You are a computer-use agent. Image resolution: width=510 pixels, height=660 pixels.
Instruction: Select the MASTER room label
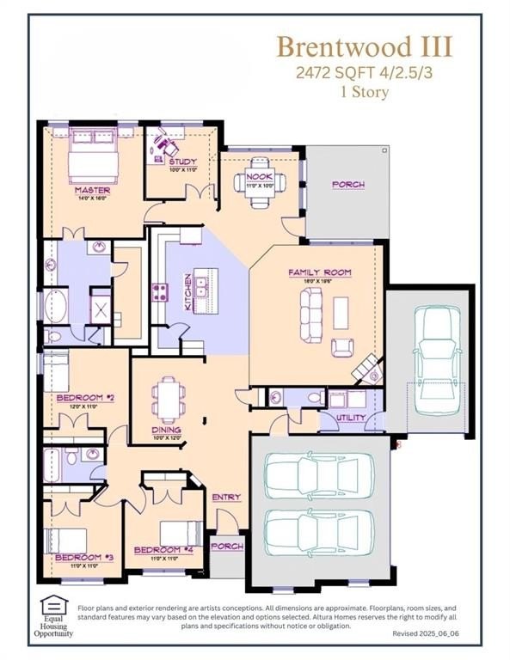tap(90, 190)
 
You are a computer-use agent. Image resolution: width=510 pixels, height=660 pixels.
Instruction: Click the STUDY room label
tap(181, 162)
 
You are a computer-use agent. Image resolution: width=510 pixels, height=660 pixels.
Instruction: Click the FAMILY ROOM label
tap(312, 272)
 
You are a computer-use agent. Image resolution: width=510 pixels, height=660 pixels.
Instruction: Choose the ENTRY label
tap(226, 497)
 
